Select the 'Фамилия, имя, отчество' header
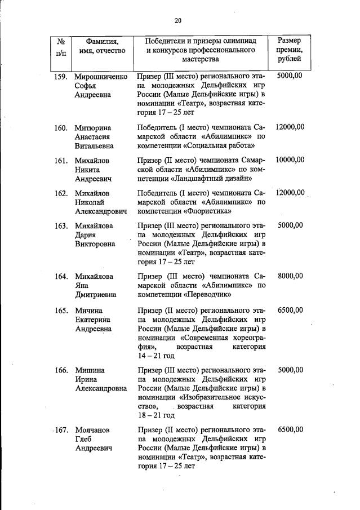tap(102, 47)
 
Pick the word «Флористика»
tap(209, 212)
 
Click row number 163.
tap(61, 225)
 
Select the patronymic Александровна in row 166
tap(101, 389)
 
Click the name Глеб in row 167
tap(84, 439)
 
